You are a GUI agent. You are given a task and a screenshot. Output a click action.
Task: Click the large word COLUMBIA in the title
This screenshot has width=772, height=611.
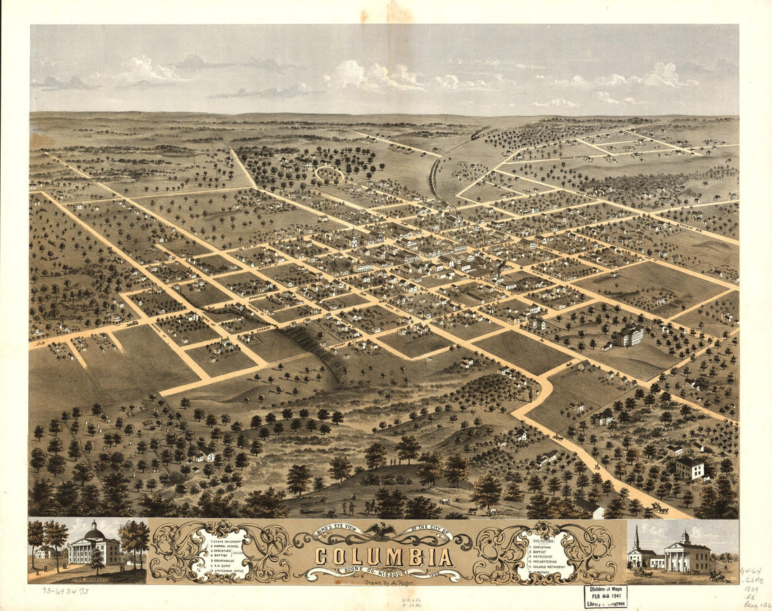(x=382, y=556)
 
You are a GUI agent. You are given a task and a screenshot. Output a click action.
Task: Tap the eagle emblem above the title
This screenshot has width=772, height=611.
(x=383, y=530)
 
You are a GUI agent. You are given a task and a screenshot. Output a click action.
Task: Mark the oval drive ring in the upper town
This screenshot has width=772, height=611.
(x=329, y=173)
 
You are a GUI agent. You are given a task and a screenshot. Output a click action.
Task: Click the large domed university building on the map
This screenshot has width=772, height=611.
(x=630, y=334)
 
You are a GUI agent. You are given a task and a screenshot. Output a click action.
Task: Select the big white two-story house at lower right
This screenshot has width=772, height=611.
(x=691, y=468)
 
